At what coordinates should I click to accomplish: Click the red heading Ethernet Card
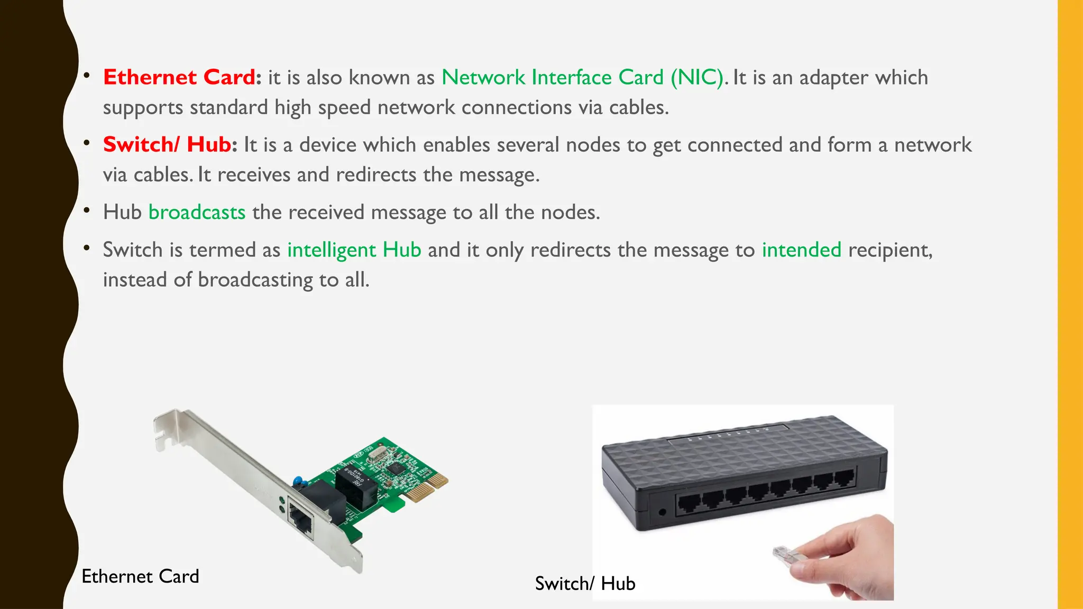(x=179, y=77)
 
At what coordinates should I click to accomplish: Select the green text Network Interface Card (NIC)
(x=582, y=77)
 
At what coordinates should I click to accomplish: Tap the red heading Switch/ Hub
(x=167, y=144)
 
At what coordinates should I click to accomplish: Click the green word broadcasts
(x=197, y=212)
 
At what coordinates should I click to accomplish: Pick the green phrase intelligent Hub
(x=354, y=250)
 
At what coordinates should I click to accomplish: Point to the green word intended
(x=801, y=250)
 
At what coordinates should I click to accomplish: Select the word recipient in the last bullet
(x=889, y=250)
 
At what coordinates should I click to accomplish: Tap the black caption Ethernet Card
(x=140, y=576)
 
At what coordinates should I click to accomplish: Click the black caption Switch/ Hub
(x=585, y=584)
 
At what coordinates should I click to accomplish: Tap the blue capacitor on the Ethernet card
(x=299, y=481)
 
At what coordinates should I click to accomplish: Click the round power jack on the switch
(x=663, y=512)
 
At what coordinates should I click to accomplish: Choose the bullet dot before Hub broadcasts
(x=87, y=211)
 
